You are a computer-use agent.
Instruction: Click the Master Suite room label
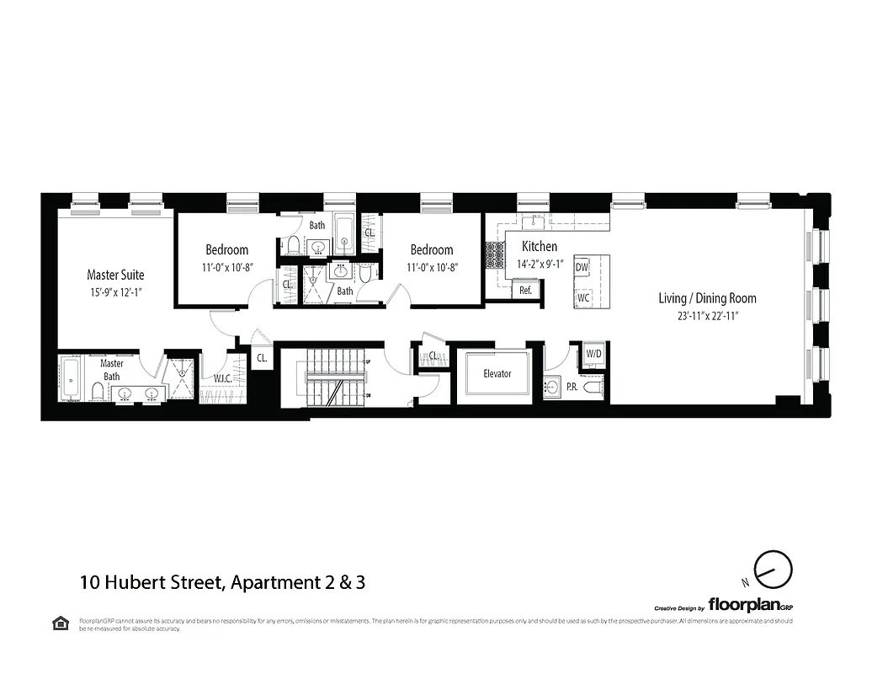click(115, 275)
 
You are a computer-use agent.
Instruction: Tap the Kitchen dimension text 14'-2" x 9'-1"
click(540, 264)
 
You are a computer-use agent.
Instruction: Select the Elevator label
click(497, 373)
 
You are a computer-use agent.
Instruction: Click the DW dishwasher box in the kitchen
click(582, 267)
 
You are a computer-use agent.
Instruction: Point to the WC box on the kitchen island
click(582, 298)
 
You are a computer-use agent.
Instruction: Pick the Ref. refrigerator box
click(525, 290)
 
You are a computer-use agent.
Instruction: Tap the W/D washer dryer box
click(593, 354)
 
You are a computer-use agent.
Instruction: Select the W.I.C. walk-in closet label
click(222, 378)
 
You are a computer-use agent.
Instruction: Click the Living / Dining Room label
click(707, 298)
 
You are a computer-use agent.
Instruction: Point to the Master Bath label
click(112, 369)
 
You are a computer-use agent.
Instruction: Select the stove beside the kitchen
click(491, 255)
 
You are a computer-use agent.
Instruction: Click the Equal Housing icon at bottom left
click(61, 623)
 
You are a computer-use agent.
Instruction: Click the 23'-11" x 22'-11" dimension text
click(707, 317)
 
